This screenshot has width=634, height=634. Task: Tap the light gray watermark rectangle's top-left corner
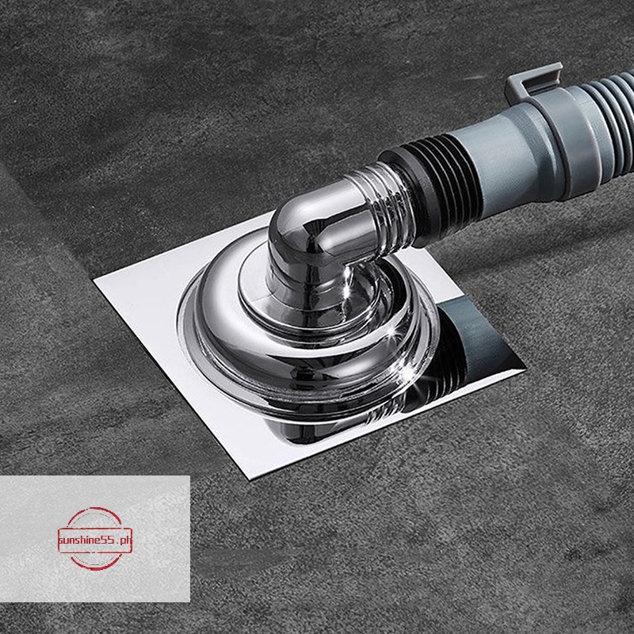(2, 477)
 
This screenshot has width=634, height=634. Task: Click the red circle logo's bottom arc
(94, 567)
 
